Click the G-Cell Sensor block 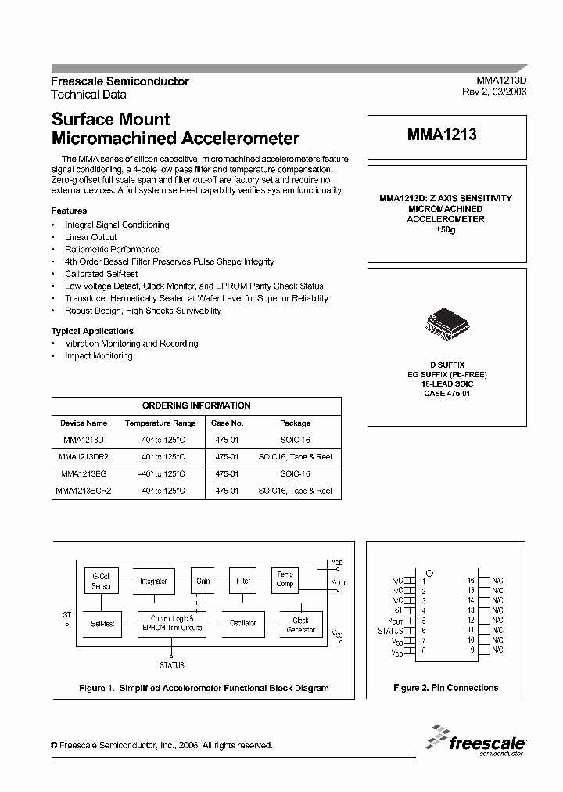click(102, 581)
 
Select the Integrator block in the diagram click(153, 581)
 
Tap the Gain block click(203, 581)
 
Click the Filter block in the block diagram click(244, 581)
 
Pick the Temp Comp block click(285, 579)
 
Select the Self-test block click(102, 624)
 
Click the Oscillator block click(243, 624)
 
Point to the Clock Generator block click(300, 625)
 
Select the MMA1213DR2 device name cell click(84, 456)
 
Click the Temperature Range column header click(160, 423)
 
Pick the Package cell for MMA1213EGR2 click(295, 491)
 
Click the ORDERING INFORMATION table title click(196, 405)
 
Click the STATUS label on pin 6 click(389, 630)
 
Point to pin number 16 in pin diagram click(472, 580)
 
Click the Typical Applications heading click(92, 331)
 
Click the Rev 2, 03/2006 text click(494, 92)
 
